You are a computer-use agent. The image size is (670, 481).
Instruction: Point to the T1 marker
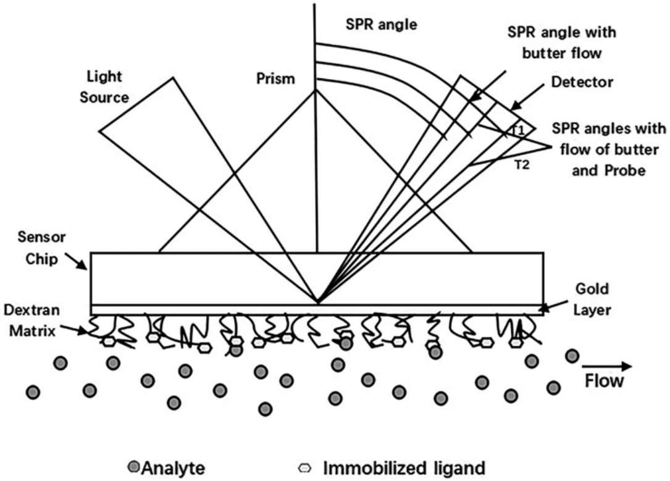point(518,130)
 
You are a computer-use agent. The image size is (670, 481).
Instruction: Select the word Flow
point(603,380)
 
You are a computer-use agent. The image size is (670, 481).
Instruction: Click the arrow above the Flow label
point(608,366)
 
